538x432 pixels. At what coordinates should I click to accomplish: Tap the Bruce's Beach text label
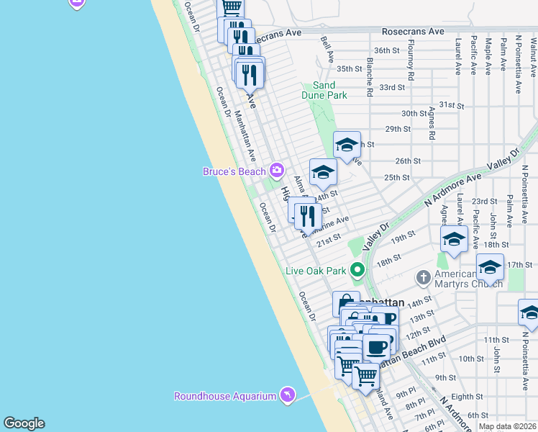tap(234, 171)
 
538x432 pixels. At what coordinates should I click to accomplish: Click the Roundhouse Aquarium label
tap(225, 396)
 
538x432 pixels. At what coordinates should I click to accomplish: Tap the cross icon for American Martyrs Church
tap(424, 277)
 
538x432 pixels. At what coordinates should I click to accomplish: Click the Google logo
tap(24, 423)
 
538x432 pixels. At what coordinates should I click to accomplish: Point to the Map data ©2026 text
tap(508, 426)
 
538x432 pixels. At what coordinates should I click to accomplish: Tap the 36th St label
tap(386, 50)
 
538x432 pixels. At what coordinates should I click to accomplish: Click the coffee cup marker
tap(376, 348)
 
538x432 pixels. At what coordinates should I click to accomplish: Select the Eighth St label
tap(467, 396)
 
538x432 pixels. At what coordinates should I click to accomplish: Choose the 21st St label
tap(329, 239)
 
